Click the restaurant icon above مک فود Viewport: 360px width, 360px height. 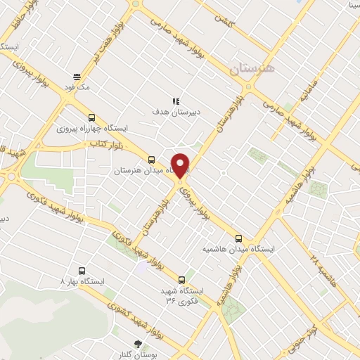pyautogui.click(x=77, y=77)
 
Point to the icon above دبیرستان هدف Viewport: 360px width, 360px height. pyautogui.click(x=176, y=102)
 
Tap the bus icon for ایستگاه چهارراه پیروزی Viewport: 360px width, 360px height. pyautogui.click(x=91, y=118)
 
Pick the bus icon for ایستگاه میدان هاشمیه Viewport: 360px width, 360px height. pyautogui.click(x=239, y=238)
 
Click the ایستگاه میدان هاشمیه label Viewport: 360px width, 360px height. pyautogui.click(x=239, y=250)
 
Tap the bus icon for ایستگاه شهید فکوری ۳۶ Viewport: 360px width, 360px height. pyautogui.click(x=181, y=279)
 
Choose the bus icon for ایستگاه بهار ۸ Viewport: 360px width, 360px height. pyautogui.click(x=82, y=270)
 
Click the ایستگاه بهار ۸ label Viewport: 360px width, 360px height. pyautogui.click(x=82, y=281)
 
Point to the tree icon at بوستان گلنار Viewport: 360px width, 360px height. pyautogui.click(x=137, y=345)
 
